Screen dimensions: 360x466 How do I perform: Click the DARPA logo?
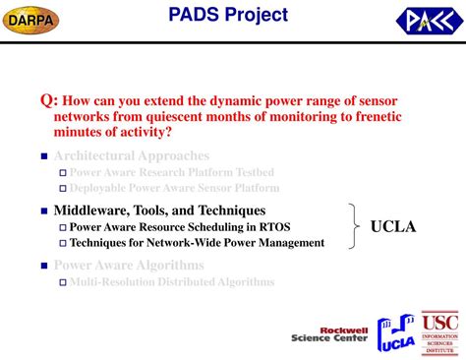pos(32,19)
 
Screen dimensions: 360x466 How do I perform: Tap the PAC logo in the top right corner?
pos(426,20)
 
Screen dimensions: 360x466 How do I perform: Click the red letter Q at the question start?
pos(46,100)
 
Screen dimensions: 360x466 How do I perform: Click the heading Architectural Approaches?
pos(131,155)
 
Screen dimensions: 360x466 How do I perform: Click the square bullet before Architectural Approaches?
pos(43,156)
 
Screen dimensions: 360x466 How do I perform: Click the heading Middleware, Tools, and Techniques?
pos(159,210)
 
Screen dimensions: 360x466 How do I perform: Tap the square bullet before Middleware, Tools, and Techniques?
pos(43,211)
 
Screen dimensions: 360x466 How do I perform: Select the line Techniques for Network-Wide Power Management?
pos(197,242)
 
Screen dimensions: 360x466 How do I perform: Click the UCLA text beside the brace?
pos(393,227)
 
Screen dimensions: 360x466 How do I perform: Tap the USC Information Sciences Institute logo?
pos(440,334)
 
